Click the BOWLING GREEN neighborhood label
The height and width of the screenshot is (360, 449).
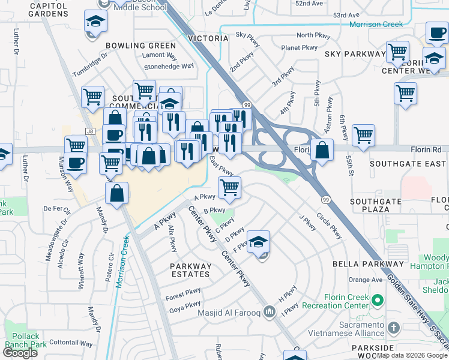click(x=141, y=46)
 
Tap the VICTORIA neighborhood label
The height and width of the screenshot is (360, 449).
click(x=209, y=38)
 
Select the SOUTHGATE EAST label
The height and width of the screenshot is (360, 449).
click(x=408, y=164)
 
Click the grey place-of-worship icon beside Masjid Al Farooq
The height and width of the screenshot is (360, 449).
click(x=269, y=311)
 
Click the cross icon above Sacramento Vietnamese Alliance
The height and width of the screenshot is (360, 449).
click(x=394, y=328)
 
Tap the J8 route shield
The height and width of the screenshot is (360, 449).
click(x=90, y=131)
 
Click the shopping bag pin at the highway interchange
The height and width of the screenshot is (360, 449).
click(x=322, y=151)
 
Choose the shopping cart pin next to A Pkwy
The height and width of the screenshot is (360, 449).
click(x=229, y=187)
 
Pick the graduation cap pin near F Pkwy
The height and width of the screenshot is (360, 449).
click(x=259, y=242)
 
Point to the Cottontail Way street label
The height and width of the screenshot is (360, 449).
click(x=71, y=344)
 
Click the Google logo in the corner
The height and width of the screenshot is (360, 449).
click(x=20, y=353)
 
